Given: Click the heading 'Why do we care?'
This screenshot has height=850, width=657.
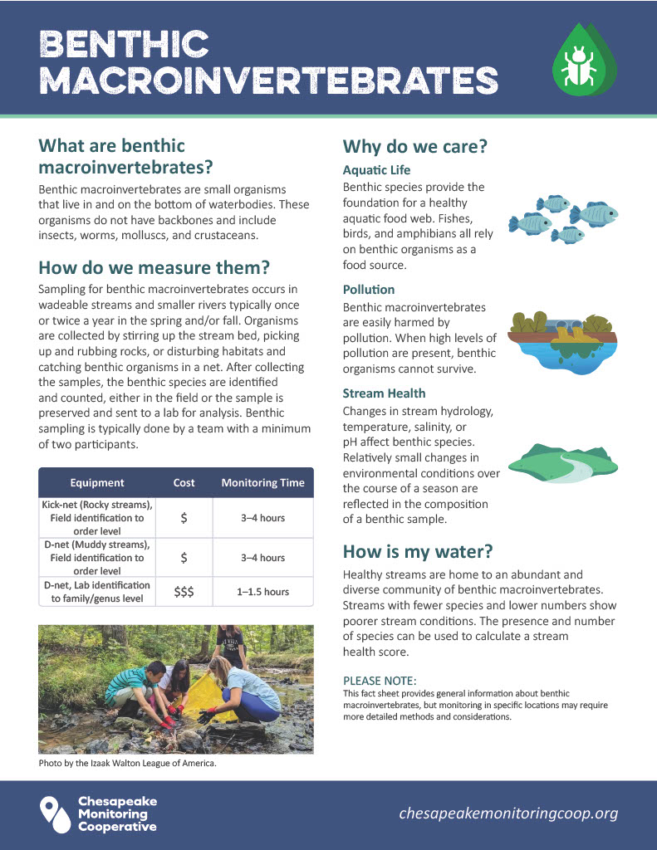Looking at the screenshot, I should click(414, 148).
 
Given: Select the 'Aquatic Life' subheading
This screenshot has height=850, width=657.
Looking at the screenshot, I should click(376, 170).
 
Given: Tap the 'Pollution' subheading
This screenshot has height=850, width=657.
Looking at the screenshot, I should click(369, 290).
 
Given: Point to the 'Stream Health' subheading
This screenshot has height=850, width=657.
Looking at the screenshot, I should click(384, 393).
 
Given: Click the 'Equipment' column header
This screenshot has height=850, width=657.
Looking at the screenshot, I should click(97, 483).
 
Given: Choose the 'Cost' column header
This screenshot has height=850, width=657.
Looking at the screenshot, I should click(184, 483).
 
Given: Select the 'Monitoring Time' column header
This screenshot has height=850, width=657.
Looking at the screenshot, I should click(262, 483).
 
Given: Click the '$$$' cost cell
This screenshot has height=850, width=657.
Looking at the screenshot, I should click(184, 591).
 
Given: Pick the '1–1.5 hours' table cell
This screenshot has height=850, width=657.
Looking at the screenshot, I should click(262, 592).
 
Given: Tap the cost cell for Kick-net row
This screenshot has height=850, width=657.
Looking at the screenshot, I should click(184, 518).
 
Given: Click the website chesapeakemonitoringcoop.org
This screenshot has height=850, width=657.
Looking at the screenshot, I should click(508, 813).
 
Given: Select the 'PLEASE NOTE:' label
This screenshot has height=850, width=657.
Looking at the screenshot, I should click(374, 681).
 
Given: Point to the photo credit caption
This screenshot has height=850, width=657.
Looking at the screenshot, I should click(127, 764).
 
